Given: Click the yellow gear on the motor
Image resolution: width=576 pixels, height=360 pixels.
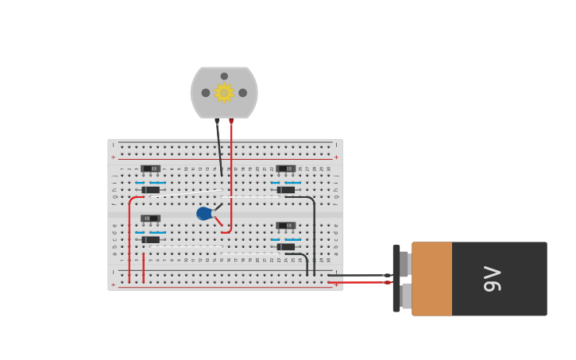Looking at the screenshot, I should (224, 92).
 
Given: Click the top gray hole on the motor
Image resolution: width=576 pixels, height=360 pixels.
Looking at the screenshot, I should (224, 76).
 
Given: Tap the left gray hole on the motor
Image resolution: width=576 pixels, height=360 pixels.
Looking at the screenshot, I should (206, 93).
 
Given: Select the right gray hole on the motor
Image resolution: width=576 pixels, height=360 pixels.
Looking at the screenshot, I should (242, 93).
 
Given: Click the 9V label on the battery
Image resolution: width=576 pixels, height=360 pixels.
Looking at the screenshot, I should (493, 279).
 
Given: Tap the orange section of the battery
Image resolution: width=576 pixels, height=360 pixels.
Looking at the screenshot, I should (431, 279).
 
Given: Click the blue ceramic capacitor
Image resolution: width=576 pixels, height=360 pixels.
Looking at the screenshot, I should (204, 214).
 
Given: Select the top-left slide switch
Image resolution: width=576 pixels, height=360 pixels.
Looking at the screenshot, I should (150, 168).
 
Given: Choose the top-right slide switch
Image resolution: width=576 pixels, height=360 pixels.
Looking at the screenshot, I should (286, 168).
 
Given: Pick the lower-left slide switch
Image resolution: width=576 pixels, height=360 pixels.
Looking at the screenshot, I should (150, 219).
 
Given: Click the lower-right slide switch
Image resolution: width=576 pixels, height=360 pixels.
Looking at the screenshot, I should (286, 226).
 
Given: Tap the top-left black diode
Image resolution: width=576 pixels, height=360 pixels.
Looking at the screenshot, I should (150, 190).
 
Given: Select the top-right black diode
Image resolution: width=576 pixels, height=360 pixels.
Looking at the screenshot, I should (286, 190).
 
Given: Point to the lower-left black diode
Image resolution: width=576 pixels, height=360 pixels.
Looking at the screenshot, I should (150, 239).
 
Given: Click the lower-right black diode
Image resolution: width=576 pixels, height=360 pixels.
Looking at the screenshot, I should (286, 246).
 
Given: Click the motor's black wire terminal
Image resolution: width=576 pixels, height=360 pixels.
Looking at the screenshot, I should (217, 122).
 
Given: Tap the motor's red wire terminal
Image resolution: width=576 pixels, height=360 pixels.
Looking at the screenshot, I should (231, 122).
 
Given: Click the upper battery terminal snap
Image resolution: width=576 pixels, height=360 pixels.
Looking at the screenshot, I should (404, 263).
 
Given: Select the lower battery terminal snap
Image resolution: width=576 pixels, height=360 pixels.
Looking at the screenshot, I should (406, 296).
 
